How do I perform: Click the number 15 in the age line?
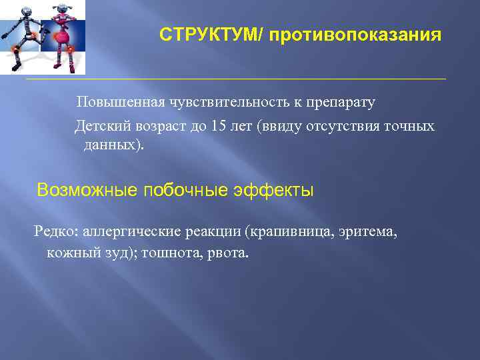pos(217,127)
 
